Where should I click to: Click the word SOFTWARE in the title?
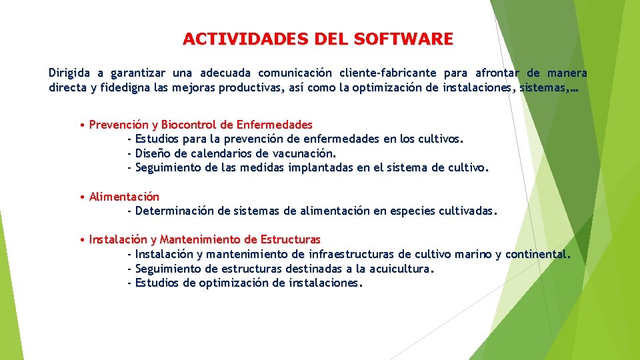pyautogui.click(x=404, y=39)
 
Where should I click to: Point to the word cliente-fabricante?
pyautogui.click(x=388, y=73)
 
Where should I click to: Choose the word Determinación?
pyautogui.click(x=175, y=211)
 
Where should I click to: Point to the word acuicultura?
pyautogui.click(x=398, y=269)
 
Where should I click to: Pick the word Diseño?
pyautogui.click(x=154, y=153)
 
